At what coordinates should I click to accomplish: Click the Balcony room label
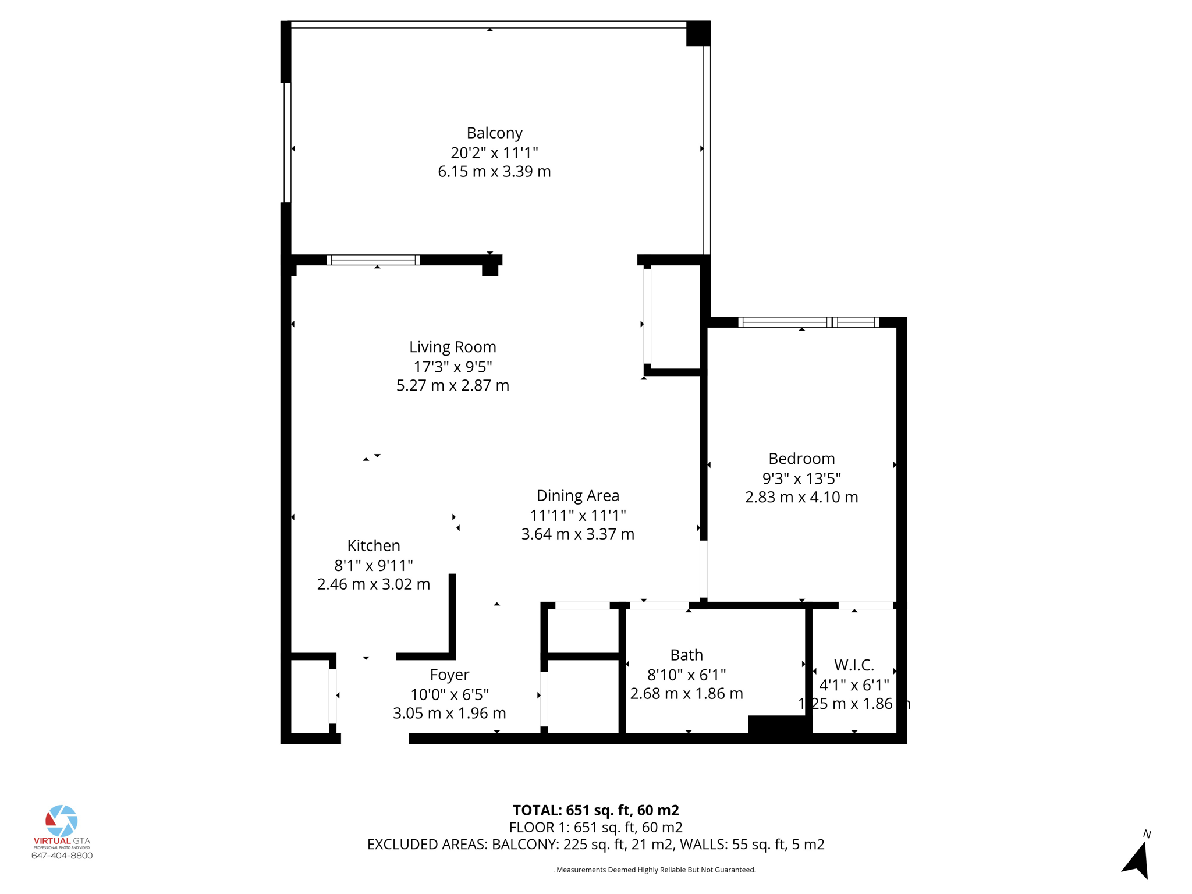coord(494,133)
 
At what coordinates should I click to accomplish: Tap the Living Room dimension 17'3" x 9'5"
coord(453,367)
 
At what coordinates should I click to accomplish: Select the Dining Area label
coord(577,495)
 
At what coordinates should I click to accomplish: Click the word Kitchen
coord(374,545)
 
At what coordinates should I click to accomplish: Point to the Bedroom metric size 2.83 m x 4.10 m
coord(801,497)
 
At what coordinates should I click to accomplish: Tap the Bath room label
coord(686,655)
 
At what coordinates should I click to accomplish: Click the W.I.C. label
coord(854,665)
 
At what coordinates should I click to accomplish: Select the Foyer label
coord(449,675)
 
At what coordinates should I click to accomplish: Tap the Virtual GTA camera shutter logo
coord(62,821)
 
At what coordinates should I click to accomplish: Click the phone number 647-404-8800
coord(62,856)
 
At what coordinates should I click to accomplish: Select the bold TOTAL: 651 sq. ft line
coord(595,810)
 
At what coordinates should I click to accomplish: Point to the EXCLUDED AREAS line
coord(595,844)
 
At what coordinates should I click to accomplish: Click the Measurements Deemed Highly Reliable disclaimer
coord(655,870)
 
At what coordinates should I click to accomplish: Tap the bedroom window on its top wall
coord(808,322)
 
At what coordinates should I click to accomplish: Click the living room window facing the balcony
coord(373,260)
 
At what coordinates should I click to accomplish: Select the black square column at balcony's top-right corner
coord(698,33)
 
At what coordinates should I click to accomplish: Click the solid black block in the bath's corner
coord(779,728)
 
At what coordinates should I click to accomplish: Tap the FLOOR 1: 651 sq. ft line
coord(595,827)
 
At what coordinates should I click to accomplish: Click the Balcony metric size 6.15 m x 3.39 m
coord(494,172)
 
